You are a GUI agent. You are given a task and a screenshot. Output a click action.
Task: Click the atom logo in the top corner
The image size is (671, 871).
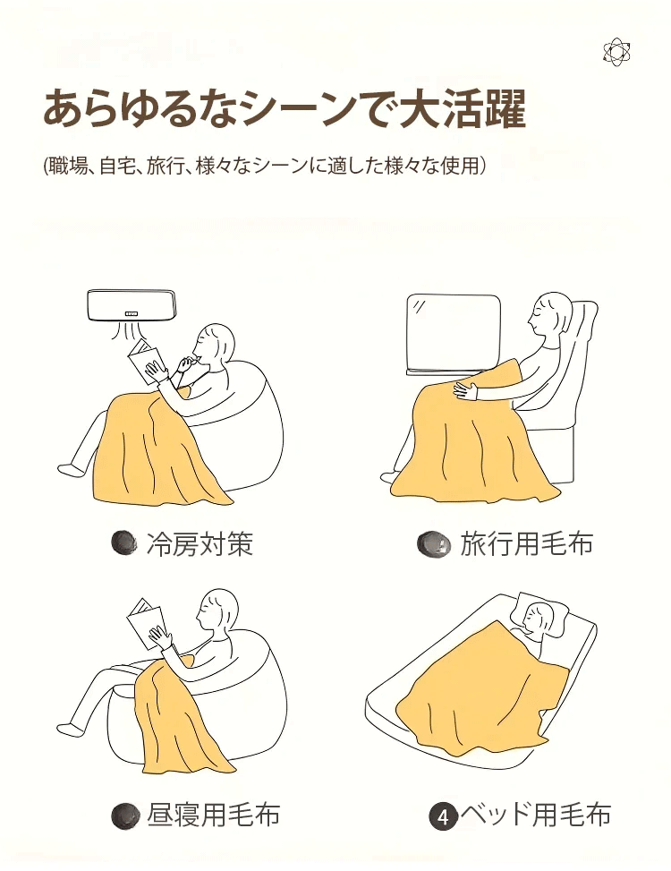[616, 53]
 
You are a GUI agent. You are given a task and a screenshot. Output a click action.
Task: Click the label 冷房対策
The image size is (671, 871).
[200, 544]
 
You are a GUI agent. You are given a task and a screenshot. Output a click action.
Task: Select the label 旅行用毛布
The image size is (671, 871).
[527, 543]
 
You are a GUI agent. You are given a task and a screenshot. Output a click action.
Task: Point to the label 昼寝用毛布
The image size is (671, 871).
[213, 815]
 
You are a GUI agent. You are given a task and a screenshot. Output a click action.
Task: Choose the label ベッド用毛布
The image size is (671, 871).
[536, 815]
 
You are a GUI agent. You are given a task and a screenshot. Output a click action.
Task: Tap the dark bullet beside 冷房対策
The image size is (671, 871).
[123, 543]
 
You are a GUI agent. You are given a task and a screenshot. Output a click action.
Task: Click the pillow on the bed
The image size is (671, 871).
[544, 612]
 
